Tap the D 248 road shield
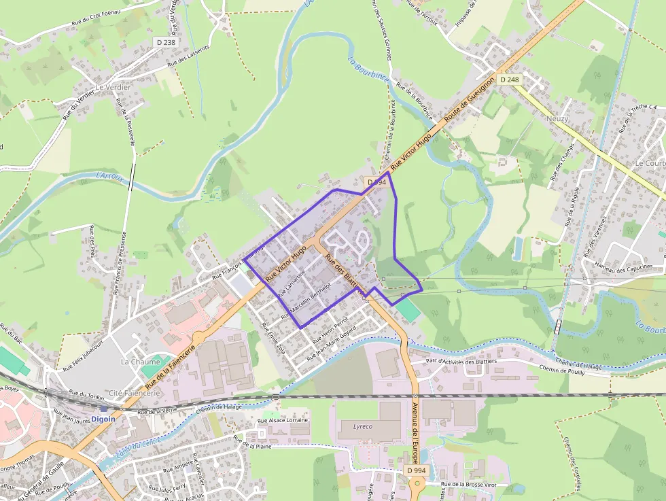(x=509, y=80)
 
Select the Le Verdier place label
(x=113, y=88)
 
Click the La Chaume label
(x=140, y=362)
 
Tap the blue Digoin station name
(x=103, y=419)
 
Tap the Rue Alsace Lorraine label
(x=283, y=420)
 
